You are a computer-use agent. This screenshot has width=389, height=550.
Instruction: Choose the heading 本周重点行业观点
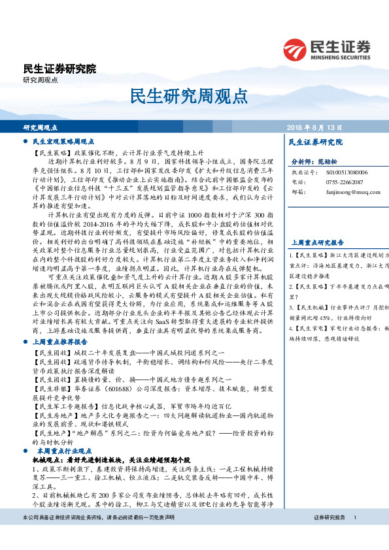click(x=67, y=451)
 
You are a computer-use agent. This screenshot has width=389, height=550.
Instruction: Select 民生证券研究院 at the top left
click(x=59, y=69)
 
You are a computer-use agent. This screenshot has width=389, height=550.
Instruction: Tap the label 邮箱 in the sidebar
click(x=297, y=192)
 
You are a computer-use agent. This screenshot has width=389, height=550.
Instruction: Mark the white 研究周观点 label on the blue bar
click(x=41, y=127)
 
